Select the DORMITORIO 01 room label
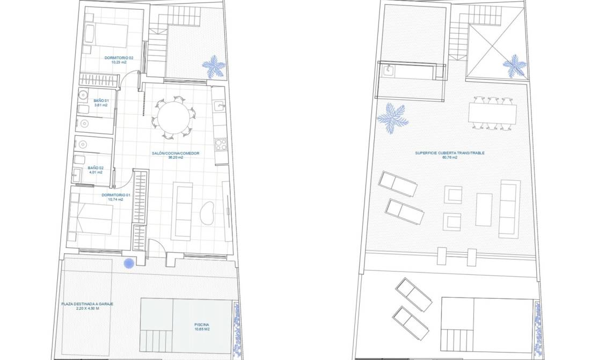coord(116,195)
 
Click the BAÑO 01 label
coord(101,101)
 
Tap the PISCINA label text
coord(202,325)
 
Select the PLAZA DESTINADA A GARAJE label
coord(87,304)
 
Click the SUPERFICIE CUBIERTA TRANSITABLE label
coord(449,153)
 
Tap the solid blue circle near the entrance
coord(129,263)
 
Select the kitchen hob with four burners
coord(220,144)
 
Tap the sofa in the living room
coord(181,211)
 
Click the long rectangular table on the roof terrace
coord(492,113)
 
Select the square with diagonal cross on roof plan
coord(488,49)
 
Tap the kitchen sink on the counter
coord(219,106)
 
